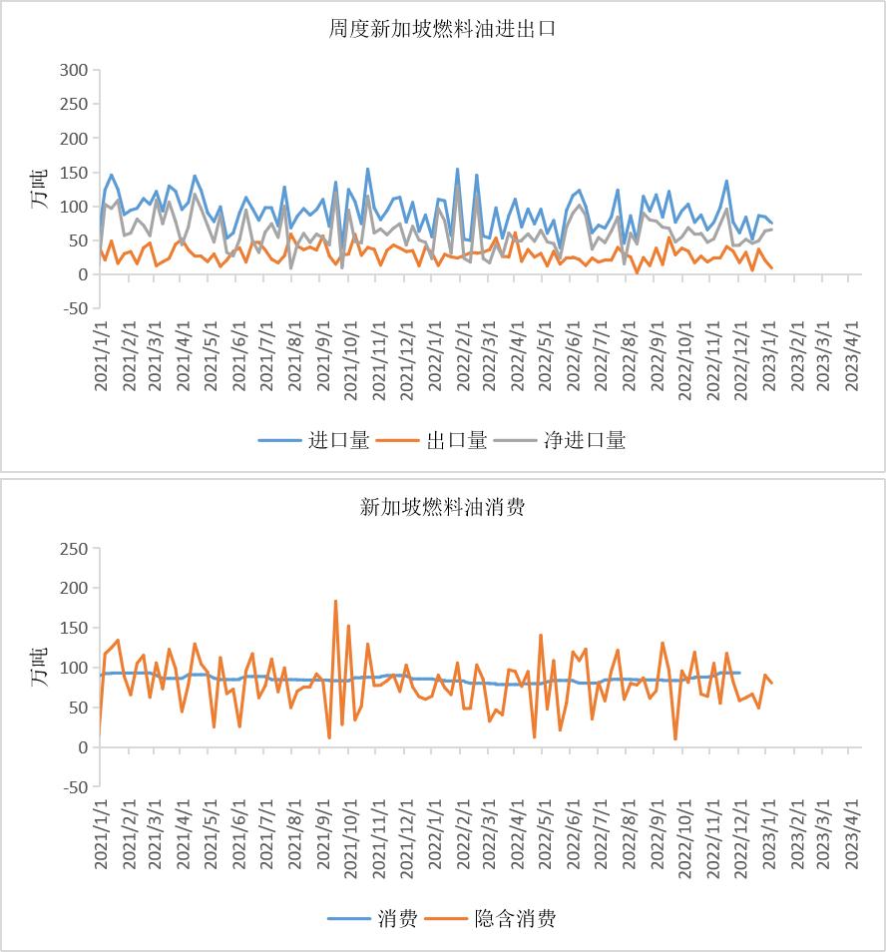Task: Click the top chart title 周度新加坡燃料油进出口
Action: [442, 29]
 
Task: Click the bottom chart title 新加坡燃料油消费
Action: [442, 507]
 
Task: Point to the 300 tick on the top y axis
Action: [74, 71]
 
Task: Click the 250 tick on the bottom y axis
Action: [74, 549]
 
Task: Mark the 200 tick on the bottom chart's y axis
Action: [74, 589]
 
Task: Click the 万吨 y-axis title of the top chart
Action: [39, 190]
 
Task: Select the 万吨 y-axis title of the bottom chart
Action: [39, 668]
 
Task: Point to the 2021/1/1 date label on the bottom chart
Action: [101, 836]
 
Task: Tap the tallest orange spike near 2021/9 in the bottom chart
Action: [335, 601]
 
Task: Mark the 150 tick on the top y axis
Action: [74, 173]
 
